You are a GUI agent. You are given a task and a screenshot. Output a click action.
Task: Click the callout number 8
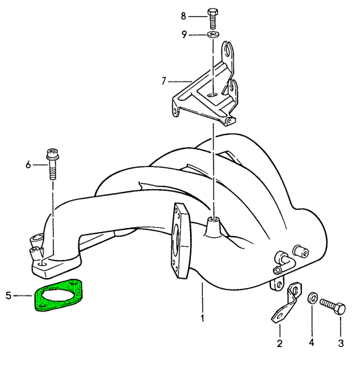point(183,16)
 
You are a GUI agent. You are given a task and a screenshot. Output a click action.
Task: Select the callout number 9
point(184,35)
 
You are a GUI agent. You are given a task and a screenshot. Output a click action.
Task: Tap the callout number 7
point(164,81)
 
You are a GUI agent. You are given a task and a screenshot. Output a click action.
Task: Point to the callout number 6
point(28,164)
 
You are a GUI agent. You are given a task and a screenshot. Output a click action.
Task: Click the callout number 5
point(9,295)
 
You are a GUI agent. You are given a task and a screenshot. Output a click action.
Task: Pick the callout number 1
point(202,318)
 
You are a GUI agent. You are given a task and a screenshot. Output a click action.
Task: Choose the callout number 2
point(280,344)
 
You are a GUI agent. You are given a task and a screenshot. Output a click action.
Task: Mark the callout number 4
point(311,343)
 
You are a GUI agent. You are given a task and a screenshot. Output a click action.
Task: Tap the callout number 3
point(341,343)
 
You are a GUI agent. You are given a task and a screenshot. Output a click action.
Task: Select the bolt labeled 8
point(213,19)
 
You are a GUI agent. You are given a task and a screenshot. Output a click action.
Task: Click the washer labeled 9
point(213,35)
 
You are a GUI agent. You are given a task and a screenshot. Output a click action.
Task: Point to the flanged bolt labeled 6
point(53,164)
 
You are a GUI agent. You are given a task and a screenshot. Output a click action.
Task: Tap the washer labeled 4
point(312,297)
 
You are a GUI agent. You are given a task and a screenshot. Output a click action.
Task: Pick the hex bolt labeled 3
point(333,305)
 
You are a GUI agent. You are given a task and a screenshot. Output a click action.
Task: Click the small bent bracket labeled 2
point(287,302)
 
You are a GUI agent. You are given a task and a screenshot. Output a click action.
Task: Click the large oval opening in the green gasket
point(60,294)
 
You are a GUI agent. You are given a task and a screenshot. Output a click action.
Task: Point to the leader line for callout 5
point(23,295)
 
